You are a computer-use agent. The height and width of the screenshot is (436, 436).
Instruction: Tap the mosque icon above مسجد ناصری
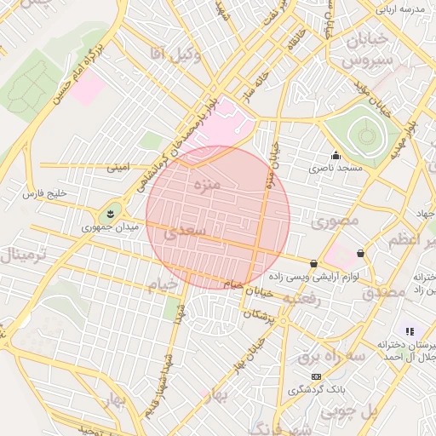click(x=336, y=155)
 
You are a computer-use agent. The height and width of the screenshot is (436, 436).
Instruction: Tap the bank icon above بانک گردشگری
click(x=316, y=376)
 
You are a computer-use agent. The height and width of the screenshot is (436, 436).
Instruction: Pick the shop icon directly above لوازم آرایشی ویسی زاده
click(x=314, y=263)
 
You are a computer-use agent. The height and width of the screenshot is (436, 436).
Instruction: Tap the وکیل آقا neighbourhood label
click(x=175, y=54)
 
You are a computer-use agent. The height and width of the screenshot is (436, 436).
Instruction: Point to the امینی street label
click(x=118, y=169)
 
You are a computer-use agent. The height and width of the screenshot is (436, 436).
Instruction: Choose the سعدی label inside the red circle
click(x=185, y=231)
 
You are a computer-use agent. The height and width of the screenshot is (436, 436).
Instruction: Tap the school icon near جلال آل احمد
click(x=410, y=330)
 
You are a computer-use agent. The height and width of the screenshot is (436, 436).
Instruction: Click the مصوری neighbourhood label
click(x=336, y=221)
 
